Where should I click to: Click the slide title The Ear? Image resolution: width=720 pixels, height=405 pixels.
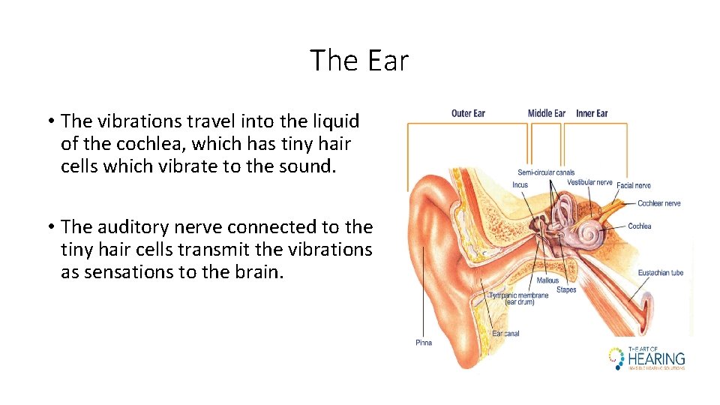point(359,60)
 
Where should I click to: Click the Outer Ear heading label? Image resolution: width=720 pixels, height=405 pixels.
point(468,113)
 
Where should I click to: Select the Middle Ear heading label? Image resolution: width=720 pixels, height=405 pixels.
point(546,113)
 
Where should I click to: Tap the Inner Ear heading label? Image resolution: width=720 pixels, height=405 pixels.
point(592,113)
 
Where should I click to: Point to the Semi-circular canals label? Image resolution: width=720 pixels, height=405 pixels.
point(546,172)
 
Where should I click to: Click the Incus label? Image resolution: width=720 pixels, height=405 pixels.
point(520,184)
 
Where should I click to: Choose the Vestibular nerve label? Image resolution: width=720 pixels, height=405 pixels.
point(589,182)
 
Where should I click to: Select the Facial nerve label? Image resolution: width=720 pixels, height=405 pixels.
point(634,185)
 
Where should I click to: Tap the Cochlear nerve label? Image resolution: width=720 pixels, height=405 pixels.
point(658,203)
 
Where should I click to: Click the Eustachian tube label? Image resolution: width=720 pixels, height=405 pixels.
point(661,272)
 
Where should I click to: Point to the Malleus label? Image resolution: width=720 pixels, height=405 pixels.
point(547,280)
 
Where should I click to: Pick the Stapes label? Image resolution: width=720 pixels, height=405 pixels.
point(566,289)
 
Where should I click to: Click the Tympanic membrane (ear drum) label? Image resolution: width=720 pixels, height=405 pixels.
point(518,298)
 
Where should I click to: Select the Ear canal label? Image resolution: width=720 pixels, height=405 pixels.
point(505,333)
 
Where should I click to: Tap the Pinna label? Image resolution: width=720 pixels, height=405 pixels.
point(424,343)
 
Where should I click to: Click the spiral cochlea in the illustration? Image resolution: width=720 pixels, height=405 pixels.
point(588,235)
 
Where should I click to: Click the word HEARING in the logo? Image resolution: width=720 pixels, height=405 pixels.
point(656,358)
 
